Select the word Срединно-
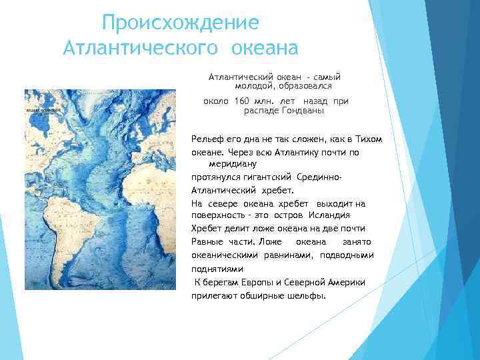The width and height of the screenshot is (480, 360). pos(319,178)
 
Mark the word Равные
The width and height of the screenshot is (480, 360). pos(208,241)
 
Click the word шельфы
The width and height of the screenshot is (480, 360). pos(307,295)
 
